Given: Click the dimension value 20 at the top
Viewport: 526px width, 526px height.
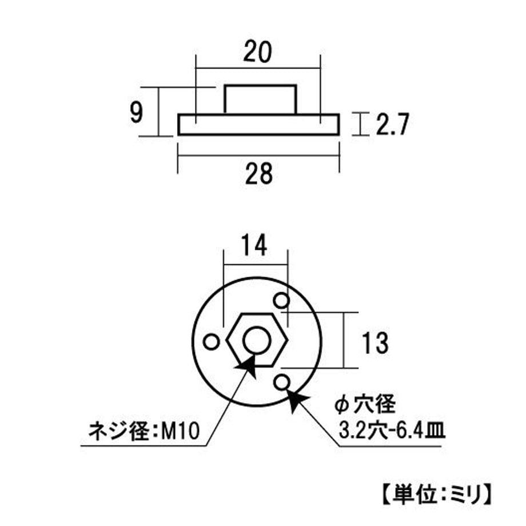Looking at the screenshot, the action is point(257,51).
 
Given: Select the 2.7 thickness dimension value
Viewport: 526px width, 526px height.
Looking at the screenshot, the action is point(392,124).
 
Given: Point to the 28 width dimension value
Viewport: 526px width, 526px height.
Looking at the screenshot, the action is point(258,173).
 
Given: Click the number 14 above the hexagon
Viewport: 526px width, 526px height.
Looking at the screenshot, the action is point(254,245).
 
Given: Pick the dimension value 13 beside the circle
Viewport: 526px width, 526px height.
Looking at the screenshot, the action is point(375,342).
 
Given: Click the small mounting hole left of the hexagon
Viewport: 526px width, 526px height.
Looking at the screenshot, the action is point(212,342).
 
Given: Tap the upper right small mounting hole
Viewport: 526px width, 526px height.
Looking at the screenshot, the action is point(281,300).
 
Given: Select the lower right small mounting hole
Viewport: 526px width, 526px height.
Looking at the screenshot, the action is point(281,382).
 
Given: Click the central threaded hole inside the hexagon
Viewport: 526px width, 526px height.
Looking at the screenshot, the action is point(257,341).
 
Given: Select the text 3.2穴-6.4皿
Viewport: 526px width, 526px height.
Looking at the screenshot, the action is point(392,431).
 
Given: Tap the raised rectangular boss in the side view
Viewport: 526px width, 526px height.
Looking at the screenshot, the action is point(260,99).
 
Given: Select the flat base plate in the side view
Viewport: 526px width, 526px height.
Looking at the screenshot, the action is point(258,125).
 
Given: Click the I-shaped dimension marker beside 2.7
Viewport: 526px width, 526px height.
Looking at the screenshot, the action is point(360,124).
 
